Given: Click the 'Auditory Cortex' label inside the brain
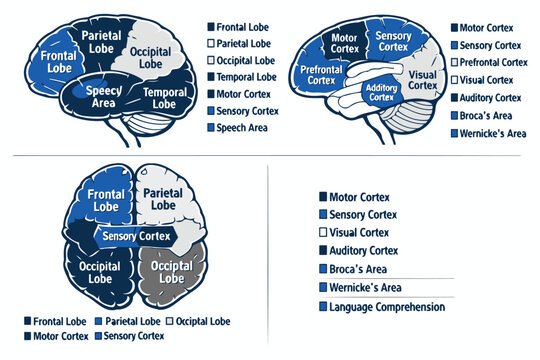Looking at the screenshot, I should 381,92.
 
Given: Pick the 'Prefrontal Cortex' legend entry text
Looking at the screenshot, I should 493,62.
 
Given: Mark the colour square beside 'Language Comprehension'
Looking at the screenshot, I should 322,307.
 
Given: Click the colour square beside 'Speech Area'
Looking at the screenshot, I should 211,128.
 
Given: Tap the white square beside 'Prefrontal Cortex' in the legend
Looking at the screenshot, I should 454,62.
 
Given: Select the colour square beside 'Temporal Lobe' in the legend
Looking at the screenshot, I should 211,77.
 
